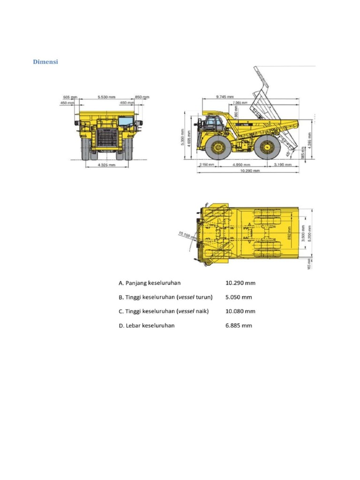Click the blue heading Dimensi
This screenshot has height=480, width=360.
tap(45, 62)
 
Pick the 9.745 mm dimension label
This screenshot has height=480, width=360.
tap(225, 97)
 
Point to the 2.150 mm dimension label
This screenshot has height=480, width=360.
tap(207, 165)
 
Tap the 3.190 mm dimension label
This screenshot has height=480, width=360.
tap(283, 165)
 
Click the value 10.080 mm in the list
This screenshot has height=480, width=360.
tap(240, 311)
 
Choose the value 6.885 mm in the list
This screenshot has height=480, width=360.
tap(239, 325)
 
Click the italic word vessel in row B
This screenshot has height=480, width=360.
tap(187, 297)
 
